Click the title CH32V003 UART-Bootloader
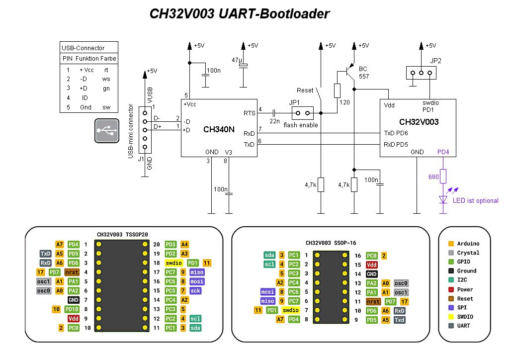click(240, 14)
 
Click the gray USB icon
click(107, 131)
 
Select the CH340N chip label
click(219, 130)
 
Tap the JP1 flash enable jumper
click(303, 113)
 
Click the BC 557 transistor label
click(364, 73)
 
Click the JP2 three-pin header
click(421, 73)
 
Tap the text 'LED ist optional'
click(475, 201)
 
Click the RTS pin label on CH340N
click(249, 113)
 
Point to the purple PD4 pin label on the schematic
click(443, 152)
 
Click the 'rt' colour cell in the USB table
click(106, 70)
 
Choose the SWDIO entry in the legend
click(466, 317)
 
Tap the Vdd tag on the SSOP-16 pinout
click(371, 265)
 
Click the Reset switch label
click(305, 90)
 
